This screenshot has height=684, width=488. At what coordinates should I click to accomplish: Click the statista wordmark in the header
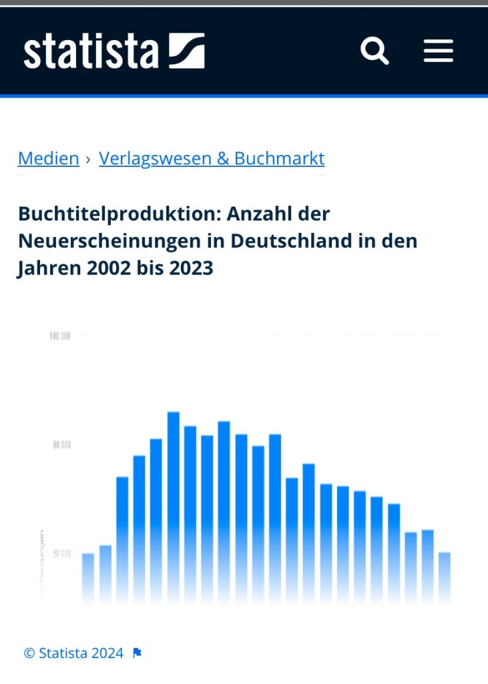tap(91, 51)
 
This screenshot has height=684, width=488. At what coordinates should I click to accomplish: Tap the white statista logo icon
tap(186, 51)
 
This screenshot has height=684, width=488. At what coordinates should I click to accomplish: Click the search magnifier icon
tap(375, 51)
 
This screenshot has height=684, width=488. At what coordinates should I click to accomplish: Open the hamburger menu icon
tap(438, 51)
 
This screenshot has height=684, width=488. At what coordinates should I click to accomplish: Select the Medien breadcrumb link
tap(49, 158)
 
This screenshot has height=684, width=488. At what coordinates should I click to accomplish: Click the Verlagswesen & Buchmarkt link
tap(212, 158)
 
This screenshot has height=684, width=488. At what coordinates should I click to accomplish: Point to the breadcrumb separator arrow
tap(88, 159)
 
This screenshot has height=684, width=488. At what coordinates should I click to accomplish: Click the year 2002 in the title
tap(110, 269)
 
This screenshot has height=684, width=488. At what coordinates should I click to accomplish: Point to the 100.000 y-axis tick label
tap(60, 336)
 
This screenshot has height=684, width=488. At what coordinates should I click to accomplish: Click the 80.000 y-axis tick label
tap(61, 445)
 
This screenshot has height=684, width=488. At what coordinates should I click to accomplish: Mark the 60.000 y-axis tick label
tap(61, 554)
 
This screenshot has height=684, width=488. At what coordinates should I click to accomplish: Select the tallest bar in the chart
tap(174, 508)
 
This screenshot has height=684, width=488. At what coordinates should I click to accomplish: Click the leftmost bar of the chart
tap(88, 578)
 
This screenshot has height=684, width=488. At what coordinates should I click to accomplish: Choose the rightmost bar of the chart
tap(445, 578)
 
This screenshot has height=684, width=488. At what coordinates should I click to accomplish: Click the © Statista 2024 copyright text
tap(73, 653)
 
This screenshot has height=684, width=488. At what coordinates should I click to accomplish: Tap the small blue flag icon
tap(137, 653)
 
